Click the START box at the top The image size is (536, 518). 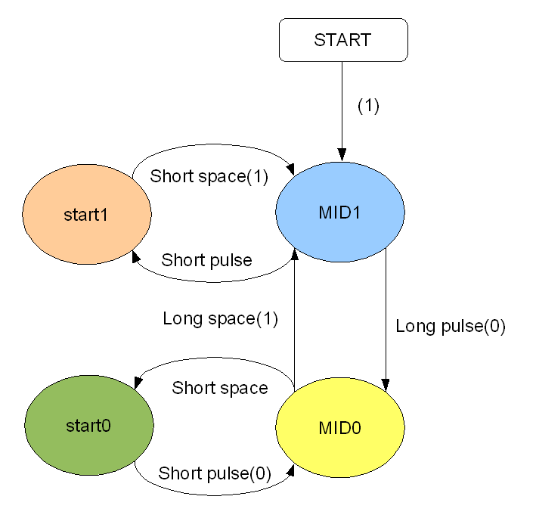coord(343,40)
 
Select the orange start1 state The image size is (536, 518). coord(87,214)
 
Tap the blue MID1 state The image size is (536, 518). coord(340,212)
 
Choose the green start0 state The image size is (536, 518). coord(89,425)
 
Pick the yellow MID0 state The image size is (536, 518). coord(340,427)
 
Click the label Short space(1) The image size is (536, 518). coord(209,177)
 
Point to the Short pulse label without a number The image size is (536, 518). coord(206,261)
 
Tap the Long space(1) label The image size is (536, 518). coord(220,319)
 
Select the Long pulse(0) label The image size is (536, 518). coord(451,326)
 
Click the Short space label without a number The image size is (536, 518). coord(220,388)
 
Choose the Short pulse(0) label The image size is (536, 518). coord(215,474)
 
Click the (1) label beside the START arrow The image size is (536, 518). coord(368,106)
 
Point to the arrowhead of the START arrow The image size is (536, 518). coord(342,154)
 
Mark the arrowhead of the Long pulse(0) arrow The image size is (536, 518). coord(386,385)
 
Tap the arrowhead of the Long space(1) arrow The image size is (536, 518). coord(294,255)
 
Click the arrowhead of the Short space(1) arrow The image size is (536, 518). coord(290,169)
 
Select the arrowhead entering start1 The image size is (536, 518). coord(136,256)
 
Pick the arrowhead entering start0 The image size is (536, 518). coord(138,382)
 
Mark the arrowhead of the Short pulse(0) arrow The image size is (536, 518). coord(290,471)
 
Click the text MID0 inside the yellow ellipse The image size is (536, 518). coord(339,428)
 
